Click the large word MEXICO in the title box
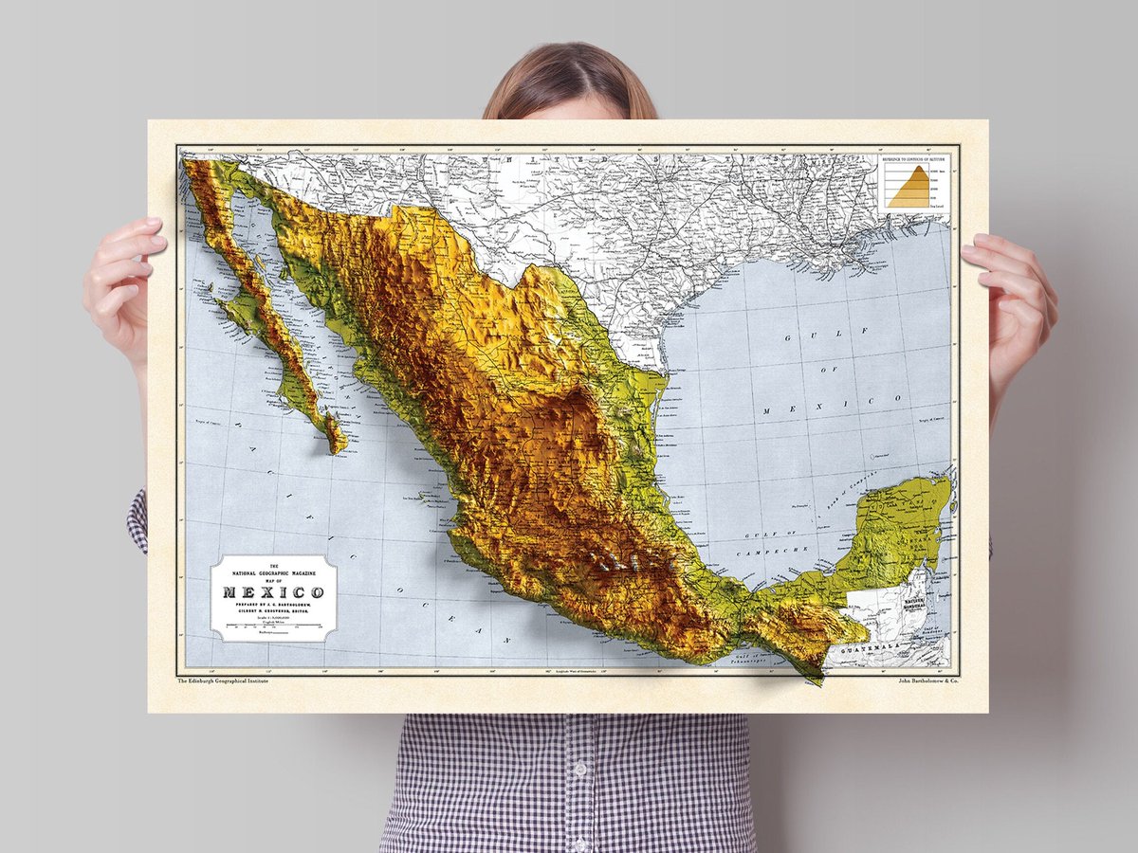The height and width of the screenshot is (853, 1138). click(x=272, y=593)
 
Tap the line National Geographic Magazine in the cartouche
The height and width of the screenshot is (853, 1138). click(x=272, y=574)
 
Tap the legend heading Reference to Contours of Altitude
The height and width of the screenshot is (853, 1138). click(x=914, y=160)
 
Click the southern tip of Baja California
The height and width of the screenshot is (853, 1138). click(x=336, y=446)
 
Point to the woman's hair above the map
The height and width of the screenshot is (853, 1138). click(x=568, y=81)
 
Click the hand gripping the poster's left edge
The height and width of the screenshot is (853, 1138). click(x=123, y=284)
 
